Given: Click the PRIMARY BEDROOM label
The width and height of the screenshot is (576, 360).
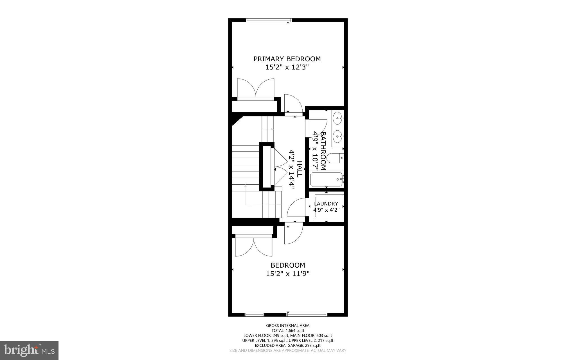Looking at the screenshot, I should click(x=287, y=59).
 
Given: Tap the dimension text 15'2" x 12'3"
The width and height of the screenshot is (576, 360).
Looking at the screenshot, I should click(x=287, y=67).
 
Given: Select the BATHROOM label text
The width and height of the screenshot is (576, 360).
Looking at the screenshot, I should click(x=323, y=151).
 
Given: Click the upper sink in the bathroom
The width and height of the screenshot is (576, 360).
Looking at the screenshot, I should click(x=338, y=118).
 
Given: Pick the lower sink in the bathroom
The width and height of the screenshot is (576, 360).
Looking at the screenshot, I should click(x=338, y=137).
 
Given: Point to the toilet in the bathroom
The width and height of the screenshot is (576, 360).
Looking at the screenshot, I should click(x=335, y=158).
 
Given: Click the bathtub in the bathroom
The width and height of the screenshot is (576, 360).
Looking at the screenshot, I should click(x=326, y=179).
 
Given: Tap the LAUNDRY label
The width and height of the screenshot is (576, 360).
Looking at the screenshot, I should click(x=326, y=204).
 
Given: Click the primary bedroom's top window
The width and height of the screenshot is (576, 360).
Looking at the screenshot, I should click(x=269, y=20).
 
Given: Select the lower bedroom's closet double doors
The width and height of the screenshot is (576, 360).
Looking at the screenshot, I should click(x=254, y=247).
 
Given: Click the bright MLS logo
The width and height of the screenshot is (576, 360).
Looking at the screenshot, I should click(x=29, y=350).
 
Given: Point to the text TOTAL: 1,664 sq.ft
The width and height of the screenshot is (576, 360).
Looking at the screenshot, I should click(x=288, y=330).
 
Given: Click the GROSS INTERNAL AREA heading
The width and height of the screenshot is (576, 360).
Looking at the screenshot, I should click(x=288, y=326).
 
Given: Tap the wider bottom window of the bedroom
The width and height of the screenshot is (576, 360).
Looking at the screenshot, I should click(x=307, y=314).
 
